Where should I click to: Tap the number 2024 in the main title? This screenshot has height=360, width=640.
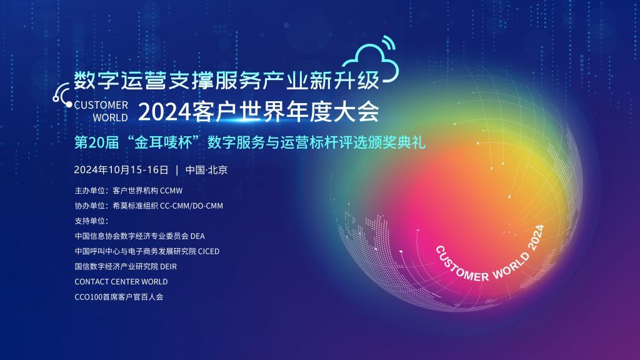(x=164, y=111)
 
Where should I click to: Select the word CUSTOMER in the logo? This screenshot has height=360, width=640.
(x=101, y=105)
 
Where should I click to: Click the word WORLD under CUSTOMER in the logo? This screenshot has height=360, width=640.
(x=110, y=117)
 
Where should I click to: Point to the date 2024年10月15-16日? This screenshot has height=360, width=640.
(x=121, y=170)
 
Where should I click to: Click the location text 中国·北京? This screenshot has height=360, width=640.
(x=206, y=170)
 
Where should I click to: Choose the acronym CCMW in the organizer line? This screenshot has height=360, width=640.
(x=171, y=191)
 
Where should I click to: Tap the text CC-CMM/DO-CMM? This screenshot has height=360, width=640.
(x=191, y=206)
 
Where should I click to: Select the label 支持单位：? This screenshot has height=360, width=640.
(x=91, y=221)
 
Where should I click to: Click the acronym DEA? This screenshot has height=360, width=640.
(x=197, y=236)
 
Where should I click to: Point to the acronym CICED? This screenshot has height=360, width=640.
(x=209, y=251)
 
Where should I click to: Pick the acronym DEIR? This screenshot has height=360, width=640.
(x=169, y=266)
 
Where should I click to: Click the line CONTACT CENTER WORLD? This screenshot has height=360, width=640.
(x=121, y=282)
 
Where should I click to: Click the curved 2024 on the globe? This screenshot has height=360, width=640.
(x=536, y=237)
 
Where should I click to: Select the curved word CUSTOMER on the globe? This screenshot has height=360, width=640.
(x=461, y=264)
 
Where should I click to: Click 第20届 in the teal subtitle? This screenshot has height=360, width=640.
(x=96, y=143)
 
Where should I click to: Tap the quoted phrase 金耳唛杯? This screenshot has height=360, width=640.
(x=163, y=143)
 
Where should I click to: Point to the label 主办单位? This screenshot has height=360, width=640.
(x=90, y=191)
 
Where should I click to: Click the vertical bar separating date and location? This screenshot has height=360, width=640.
(x=177, y=170)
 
